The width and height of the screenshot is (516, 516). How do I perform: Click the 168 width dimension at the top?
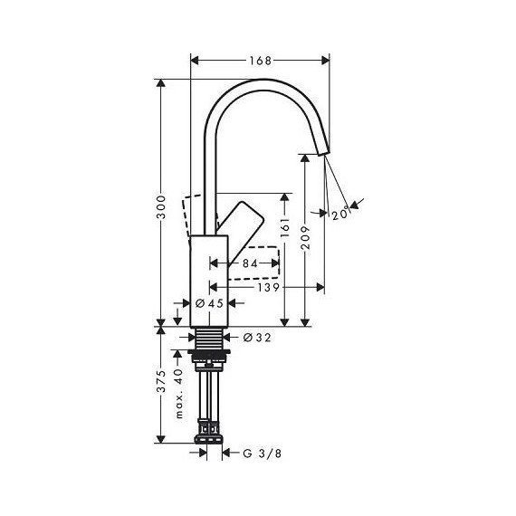click(261, 62)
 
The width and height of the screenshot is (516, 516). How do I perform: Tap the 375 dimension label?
click(160, 386)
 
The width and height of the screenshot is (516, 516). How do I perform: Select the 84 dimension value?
click(245, 263)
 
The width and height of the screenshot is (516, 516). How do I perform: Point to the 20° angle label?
click(339, 214)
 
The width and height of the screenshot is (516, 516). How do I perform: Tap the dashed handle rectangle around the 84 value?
click(263, 263)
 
